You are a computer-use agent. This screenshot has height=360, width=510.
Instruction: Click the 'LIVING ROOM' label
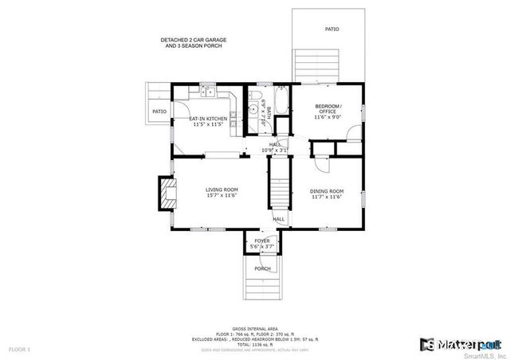[x=222, y=190]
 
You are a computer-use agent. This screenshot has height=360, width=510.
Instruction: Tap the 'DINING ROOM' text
[x=327, y=191]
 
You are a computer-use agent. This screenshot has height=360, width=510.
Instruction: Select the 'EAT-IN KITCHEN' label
[x=208, y=119]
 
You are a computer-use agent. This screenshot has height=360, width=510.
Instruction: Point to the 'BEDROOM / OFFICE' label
[x=328, y=108]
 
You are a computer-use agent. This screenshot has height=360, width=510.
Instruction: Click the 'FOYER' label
[x=262, y=241]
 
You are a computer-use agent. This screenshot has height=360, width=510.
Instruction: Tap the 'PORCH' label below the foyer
[x=262, y=268]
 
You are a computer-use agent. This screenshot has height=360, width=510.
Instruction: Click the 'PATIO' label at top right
[x=331, y=29]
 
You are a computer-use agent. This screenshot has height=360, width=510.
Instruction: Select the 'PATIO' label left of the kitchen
[x=159, y=112]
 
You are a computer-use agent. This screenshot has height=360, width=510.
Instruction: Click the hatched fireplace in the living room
[x=167, y=194]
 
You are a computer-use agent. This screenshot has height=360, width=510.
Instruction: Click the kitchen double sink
[x=208, y=94]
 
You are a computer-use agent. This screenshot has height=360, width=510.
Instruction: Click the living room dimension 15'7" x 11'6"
[x=222, y=195]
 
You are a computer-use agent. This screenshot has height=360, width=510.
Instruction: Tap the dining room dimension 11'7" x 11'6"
[x=327, y=197]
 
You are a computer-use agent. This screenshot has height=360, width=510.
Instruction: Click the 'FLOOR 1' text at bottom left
[x=19, y=349]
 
